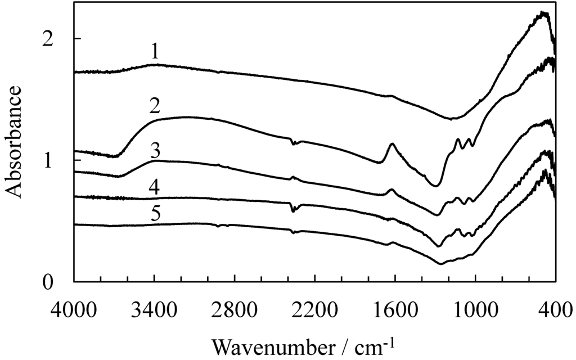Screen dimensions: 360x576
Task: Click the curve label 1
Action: tap(155, 53)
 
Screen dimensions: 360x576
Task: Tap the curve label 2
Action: tap(155, 106)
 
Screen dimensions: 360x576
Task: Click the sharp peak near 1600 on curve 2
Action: tap(391, 145)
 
